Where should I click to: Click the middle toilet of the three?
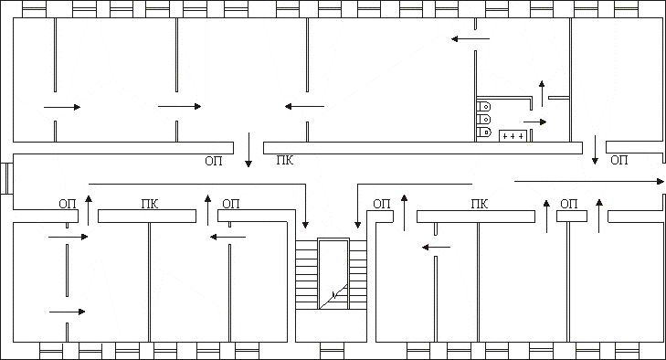484,120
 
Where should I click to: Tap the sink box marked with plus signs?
513,136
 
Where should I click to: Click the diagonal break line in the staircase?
333,296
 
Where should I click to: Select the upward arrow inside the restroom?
542,93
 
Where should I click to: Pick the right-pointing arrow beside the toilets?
534,122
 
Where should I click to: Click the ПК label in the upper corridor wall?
284,161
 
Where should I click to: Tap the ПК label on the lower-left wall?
150,204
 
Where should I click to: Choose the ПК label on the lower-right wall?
479,204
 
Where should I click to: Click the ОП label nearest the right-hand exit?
618,160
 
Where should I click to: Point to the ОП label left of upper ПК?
213,161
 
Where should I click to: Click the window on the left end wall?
6,178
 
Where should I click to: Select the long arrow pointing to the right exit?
589,182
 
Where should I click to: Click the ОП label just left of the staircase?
230,204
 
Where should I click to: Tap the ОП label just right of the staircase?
382,204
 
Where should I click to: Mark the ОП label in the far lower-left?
67,204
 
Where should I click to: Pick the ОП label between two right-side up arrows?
569,204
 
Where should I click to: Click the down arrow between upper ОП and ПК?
248,150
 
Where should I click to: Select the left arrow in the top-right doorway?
470,39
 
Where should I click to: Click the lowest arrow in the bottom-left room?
67,312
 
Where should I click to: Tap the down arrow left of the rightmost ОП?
595,150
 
